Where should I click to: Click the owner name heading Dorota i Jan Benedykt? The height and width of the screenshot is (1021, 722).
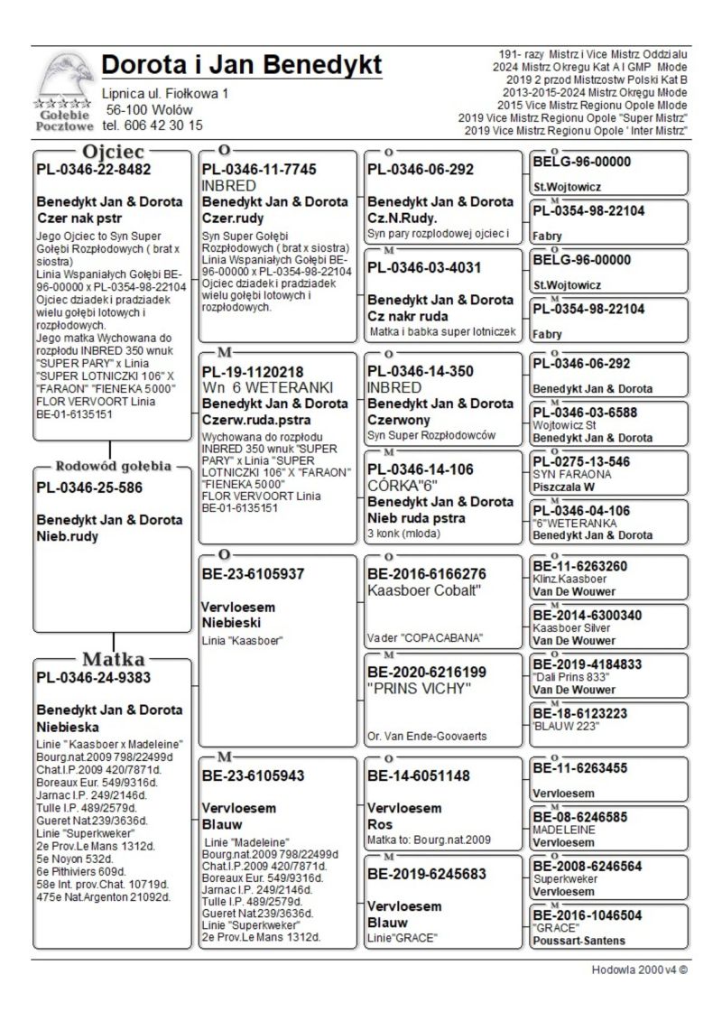[242, 65]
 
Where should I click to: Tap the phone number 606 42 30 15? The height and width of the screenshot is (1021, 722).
[153, 125]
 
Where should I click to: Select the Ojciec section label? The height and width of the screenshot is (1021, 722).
[113, 151]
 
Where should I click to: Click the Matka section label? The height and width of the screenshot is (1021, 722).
[114, 658]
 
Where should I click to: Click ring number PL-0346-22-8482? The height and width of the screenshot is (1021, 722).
[94, 169]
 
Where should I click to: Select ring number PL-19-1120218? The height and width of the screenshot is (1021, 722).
[253, 371]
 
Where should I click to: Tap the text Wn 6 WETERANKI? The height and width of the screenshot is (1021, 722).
[268, 387]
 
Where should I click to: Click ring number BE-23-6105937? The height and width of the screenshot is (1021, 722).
[254, 573]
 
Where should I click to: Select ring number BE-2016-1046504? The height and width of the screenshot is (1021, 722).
[588, 914]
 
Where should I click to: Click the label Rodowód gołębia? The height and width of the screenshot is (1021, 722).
[113, 467]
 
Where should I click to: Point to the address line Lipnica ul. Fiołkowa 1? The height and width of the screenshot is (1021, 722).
[165, 93]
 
